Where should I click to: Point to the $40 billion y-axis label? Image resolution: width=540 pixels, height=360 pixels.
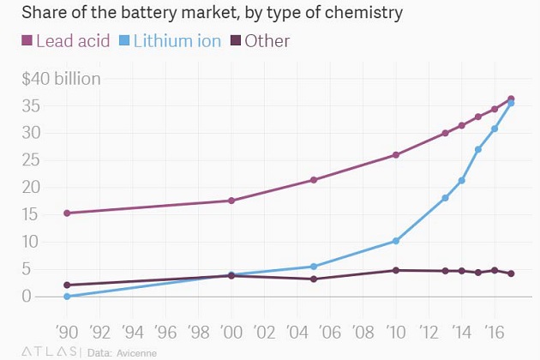pyautogui.click(x=62, y=80)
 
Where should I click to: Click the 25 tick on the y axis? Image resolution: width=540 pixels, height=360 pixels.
pyautogui.click(x=32, y=159)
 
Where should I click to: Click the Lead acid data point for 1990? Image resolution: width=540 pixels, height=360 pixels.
pyautogui.click(x=67, y=213)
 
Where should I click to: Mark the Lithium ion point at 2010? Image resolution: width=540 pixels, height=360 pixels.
pyautogui.click(x=395, y=241)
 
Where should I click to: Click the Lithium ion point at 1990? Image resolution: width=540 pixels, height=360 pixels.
pyautogui.click(x=67, y=297)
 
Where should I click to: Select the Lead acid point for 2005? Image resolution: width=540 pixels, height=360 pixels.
pyautogui.click(x=314, y=180)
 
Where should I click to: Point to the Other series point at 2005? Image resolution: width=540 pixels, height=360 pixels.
pyautogui.click(x=314, y=279)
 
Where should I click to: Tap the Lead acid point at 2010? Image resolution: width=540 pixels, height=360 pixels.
pyautogui.click(x=395, y=155)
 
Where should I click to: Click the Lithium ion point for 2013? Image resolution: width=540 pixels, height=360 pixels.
pyautogui.click(x=445, y=198)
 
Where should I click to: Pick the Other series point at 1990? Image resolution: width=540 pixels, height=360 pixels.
pyautogui.click(x=67, y=285)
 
